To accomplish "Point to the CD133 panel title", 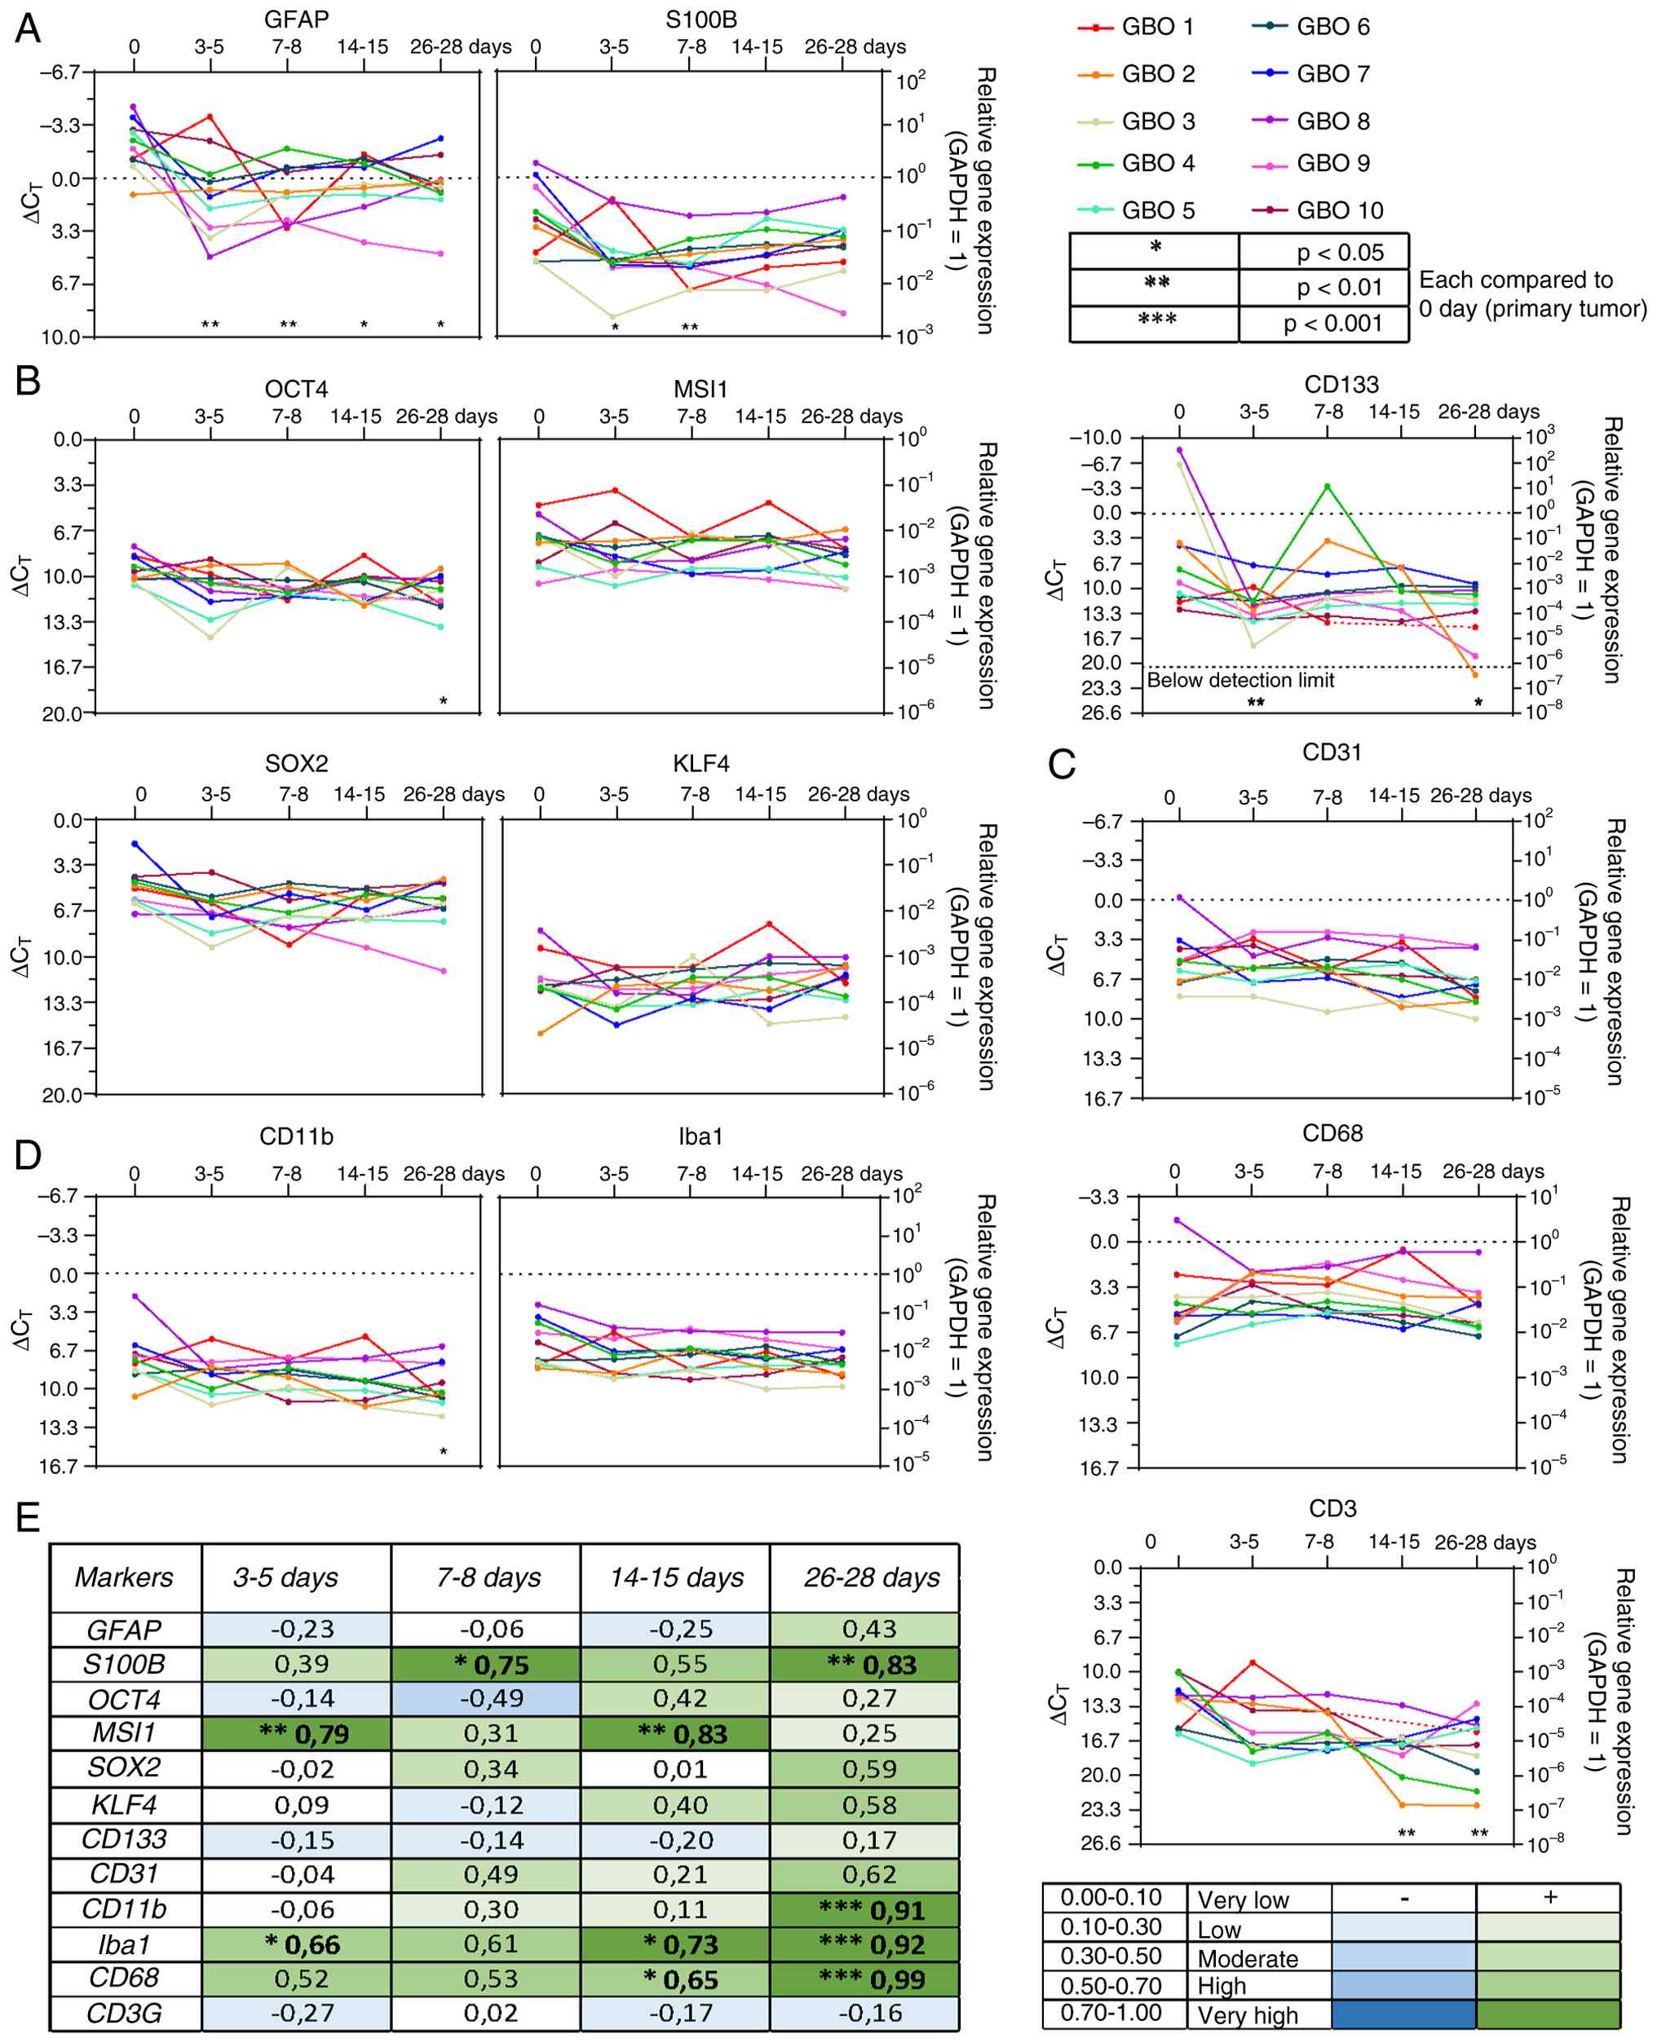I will (1341, 385).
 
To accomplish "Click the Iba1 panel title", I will (700, 1136).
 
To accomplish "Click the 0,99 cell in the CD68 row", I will (866, 1979).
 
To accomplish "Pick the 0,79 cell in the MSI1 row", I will (296, 1734).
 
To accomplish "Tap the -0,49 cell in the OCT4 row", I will (486, 1700).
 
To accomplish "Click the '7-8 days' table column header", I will (488, 1577).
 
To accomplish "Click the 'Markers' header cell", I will (124, 1577).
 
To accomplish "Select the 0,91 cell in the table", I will (866, 1909).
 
